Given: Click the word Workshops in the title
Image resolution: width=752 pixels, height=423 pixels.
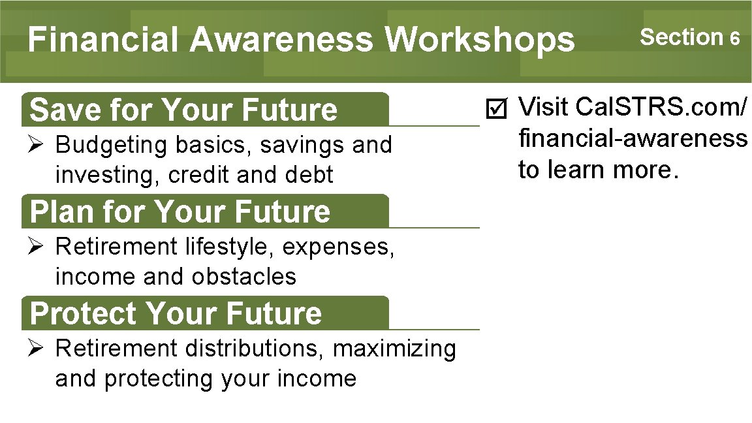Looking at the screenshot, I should click(x=480, y=40).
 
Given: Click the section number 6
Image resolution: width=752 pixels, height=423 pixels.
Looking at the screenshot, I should click(x=735, y=39).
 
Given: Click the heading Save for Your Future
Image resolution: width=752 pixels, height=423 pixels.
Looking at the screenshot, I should click(x=183, y=110).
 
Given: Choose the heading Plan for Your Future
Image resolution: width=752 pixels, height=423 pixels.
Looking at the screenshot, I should click(x=180, y=211).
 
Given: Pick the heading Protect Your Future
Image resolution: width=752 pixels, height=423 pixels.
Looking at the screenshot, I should click(x=176, y=313).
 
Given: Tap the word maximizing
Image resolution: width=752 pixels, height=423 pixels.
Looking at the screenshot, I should click(x=394, y=349).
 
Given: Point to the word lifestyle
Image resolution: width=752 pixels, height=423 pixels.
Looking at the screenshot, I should click(x=230, y=247).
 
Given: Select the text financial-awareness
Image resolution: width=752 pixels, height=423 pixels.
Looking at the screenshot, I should click(x=633, y=138).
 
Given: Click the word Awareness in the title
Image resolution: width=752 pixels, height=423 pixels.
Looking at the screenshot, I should click(x=281, y=40).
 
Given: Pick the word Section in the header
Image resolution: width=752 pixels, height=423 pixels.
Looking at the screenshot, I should click(x=681, y=37).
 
